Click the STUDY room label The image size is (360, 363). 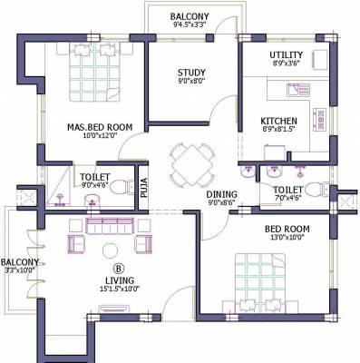tap(191, 73)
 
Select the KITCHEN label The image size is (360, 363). tap(278, 121)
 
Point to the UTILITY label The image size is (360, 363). tap(286, 55)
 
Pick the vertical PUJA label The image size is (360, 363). tap(142, 189)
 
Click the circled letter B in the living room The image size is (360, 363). tap(118, 268)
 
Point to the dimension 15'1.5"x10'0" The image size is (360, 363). tap(120, 290)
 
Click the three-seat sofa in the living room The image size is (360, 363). tap(108, 225)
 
